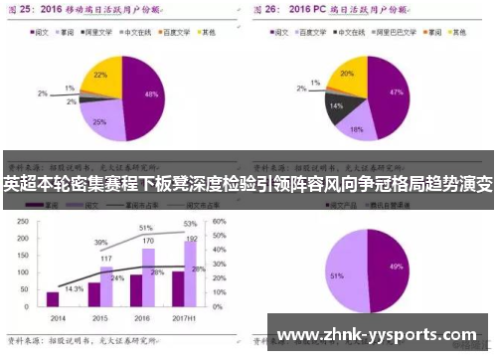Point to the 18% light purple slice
356,126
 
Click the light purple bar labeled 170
149,278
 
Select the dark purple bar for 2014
52,298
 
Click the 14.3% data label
74,288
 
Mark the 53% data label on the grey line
190,225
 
